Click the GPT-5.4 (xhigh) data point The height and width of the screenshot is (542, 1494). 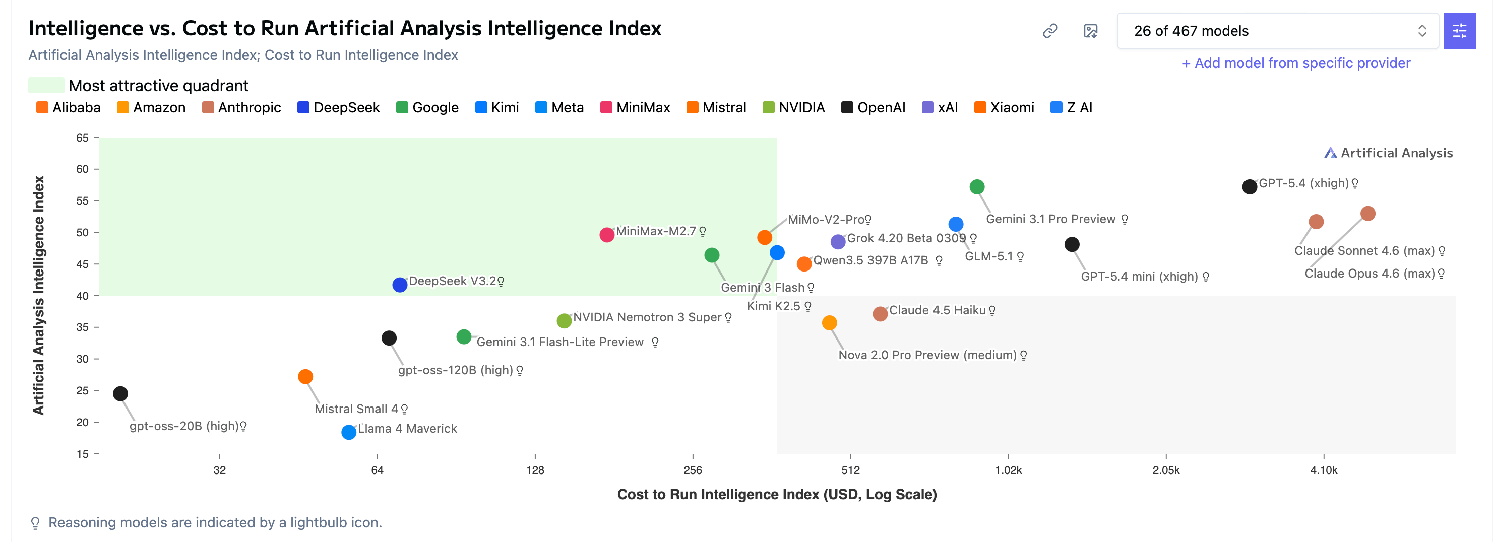1249,187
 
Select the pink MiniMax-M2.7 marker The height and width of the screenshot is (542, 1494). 607,235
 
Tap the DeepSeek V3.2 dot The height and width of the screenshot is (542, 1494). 400,285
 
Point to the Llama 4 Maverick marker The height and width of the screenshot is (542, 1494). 349,432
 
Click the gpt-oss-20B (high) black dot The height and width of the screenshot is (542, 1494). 120,393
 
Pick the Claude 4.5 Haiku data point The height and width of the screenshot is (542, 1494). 880,314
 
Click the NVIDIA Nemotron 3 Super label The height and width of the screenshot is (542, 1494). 647,317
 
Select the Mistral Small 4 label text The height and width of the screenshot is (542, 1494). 356,409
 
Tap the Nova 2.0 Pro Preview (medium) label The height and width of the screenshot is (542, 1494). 927,355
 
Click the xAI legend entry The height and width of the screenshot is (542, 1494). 940,107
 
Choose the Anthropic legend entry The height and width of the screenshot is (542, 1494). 241,107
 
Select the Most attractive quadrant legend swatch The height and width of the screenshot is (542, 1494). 46,85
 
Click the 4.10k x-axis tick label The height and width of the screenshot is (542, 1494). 1324,470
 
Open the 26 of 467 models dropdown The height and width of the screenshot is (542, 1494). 1278,31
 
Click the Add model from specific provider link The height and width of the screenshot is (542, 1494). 1296,63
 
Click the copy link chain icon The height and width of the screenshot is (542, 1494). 1050,31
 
